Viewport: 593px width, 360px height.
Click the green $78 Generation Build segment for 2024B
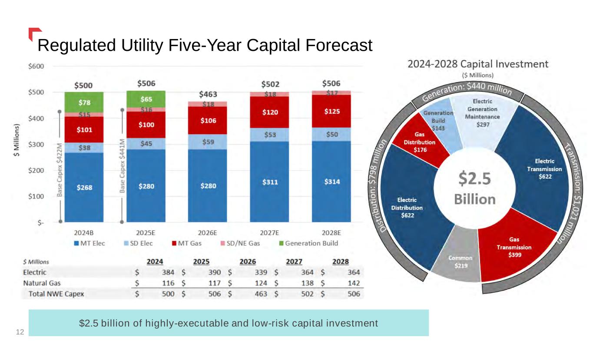tap(84, 102)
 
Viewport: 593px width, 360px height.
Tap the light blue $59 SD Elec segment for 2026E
tap(208, 141)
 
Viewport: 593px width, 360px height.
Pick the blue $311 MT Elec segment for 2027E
tap(269, 182)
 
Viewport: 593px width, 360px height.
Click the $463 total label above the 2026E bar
tap(208, 94)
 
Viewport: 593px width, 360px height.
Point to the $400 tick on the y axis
tap(36, 119)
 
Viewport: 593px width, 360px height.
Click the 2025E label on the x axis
tap(146, 233)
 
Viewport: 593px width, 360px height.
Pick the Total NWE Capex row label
tap(56, 294)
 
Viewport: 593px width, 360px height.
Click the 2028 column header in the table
tap(340, 262)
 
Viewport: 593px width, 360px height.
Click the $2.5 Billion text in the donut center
tap(474, 189)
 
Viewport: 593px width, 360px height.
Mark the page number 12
tap(20, 332)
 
